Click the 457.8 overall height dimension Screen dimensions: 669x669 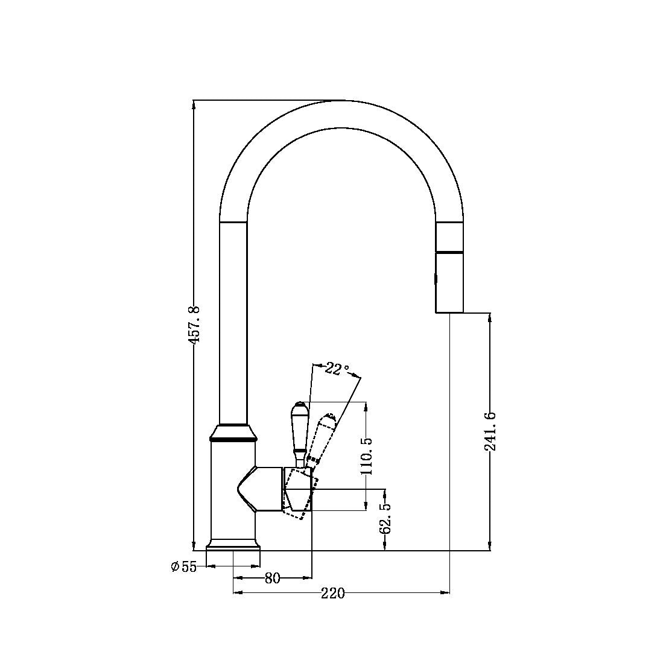[x=194, y=325]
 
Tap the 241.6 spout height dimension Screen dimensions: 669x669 [x=490, y=432]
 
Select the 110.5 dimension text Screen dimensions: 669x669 [x=367, y=455]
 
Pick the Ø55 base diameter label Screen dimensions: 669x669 [x=184, y=566]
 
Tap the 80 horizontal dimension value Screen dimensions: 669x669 [x=273, y=578]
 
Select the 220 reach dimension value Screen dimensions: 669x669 [x=332, y=594]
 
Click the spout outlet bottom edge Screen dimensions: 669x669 [x=449, y=312]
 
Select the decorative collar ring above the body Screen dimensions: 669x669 [x=233, y=433]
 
